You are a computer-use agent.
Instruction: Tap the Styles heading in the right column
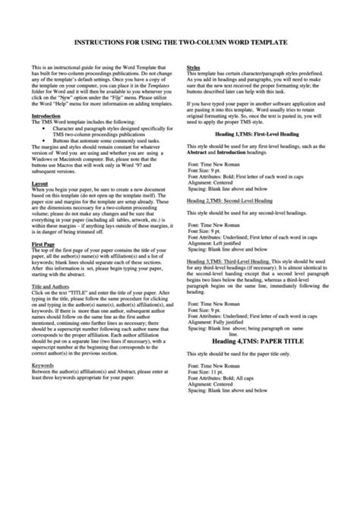(x=194, y=68)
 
